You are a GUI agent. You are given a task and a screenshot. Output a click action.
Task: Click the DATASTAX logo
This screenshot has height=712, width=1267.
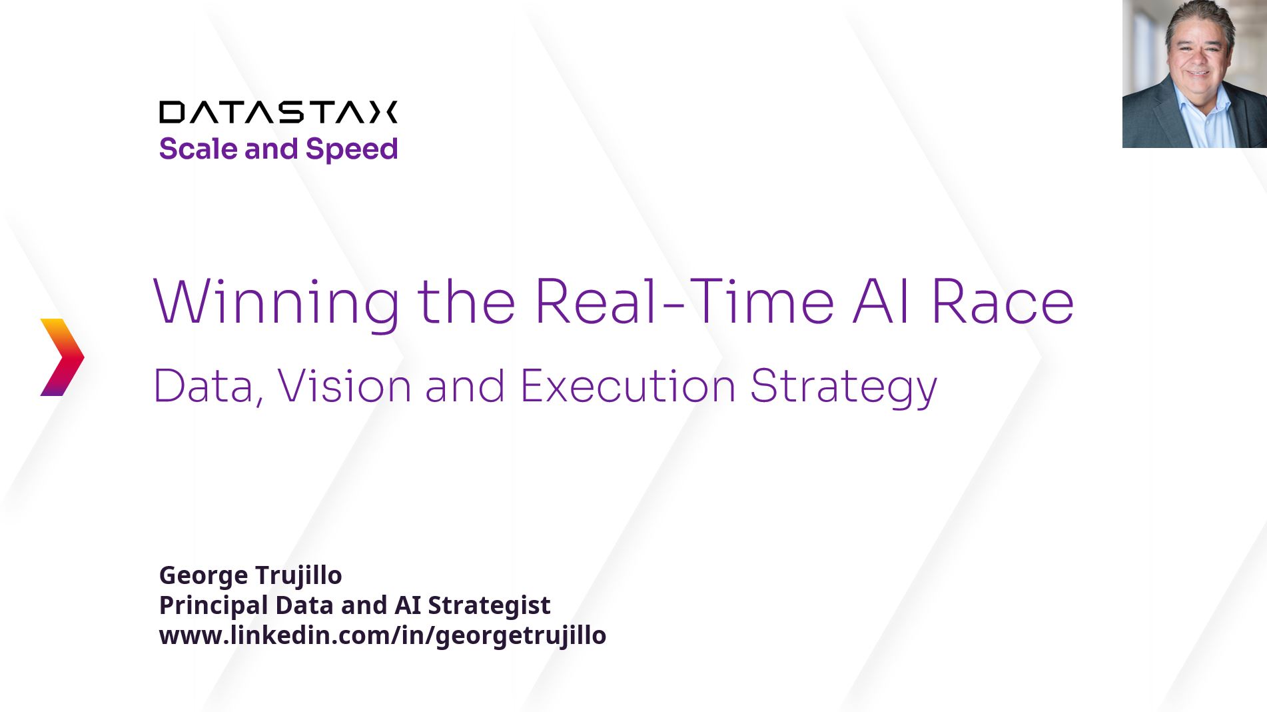point(278,112)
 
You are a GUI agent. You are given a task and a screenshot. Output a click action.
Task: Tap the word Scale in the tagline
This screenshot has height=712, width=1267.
point(198,149)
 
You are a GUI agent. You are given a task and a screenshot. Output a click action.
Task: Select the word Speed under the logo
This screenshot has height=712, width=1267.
point(352,149)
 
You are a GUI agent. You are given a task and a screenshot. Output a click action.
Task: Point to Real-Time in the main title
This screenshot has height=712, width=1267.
point(684,301)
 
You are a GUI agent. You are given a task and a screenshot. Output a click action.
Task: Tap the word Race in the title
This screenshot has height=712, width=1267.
point(1003,302)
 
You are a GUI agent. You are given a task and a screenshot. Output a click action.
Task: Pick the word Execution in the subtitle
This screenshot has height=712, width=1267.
point(628,386)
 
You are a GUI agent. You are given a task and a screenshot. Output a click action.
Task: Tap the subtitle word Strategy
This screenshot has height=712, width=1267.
point(843,388)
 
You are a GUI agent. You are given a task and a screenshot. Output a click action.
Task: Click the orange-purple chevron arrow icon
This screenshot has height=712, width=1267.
point(63,357)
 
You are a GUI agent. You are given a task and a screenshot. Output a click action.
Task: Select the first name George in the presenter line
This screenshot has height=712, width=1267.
point(203,576)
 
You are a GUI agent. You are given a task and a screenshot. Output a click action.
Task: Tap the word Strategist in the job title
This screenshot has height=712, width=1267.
point(489,605)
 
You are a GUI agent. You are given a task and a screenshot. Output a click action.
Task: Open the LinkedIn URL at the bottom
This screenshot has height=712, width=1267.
point(382,636)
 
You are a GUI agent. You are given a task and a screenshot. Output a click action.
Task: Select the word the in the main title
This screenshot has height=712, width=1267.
point(466,302)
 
